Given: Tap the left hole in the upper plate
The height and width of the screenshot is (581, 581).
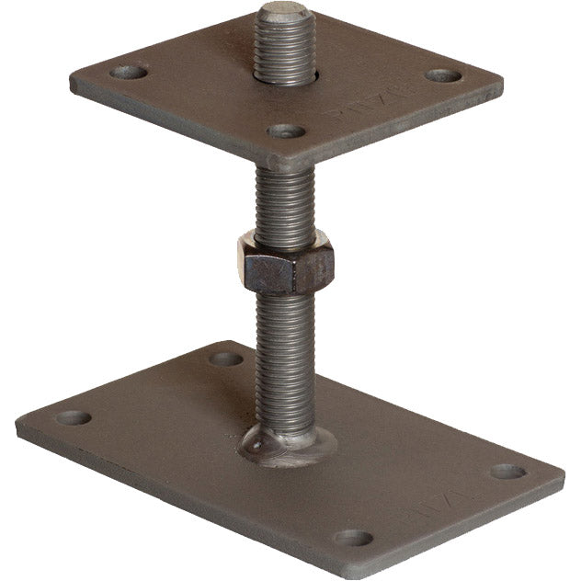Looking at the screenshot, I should click(x=129, y=71).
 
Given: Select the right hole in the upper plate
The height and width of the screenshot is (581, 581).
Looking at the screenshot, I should click(x=443, y=75).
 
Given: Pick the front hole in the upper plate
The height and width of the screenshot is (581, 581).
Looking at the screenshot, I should click(x=286, y=131).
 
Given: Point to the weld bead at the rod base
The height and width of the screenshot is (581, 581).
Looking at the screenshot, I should click(x=286, y=444).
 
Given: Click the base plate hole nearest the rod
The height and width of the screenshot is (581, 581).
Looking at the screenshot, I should click(x=225, y=358).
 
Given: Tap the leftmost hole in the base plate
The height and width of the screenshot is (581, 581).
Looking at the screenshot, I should click(x=74, y=417).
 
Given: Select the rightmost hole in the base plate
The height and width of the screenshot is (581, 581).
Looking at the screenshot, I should click(x=507, y=472).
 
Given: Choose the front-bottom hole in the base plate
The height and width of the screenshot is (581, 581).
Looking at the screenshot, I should click(x=354, y=538).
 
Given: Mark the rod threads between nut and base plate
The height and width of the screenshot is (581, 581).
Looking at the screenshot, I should click(x=285, y=359).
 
